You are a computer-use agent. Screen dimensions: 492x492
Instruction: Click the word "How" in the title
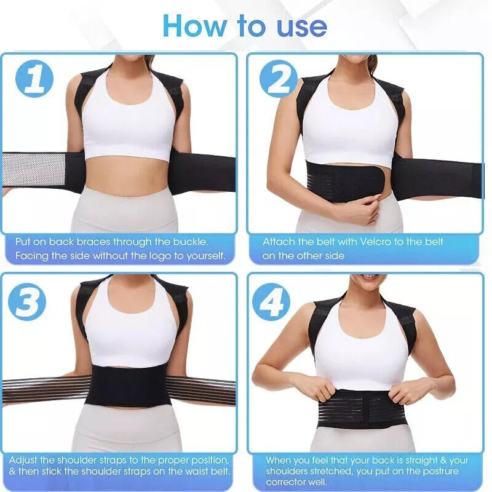pyautogui.click(x=194, y=26)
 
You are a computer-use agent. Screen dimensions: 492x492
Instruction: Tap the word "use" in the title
pyautogui.click(x=302, y=27)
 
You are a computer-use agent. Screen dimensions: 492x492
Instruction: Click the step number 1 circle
pyautogui.click(x=34, y=79)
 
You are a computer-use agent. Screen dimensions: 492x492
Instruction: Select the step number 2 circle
pyautogui.click(x=279, y=79)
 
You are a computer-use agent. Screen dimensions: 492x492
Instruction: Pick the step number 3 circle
pyautogui.click(x=27, y=301)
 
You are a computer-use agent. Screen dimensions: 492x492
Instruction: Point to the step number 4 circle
pyautogui.click(x=271, y=301)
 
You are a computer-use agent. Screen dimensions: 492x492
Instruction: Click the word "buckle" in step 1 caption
pyautogui.click(x=191, y=242)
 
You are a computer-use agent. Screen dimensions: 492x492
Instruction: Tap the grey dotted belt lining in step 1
pyautogui.click(x=34, y=170)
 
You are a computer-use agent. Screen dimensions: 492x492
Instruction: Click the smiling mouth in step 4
pyautogui.click(x=370, y=277)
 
